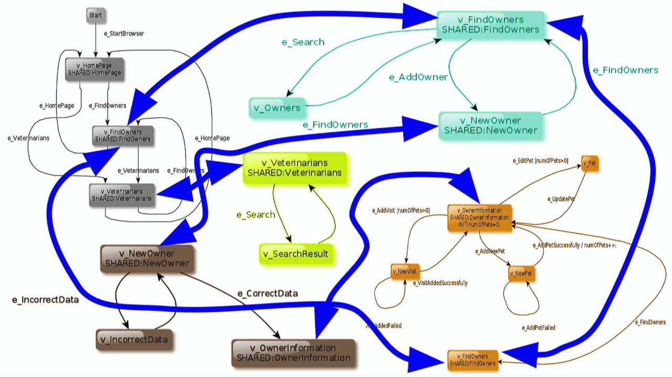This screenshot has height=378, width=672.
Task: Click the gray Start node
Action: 96,16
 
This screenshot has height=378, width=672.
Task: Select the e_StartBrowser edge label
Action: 124,34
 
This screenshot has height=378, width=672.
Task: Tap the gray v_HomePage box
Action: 94,69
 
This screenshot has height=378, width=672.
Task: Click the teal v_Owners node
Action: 277,108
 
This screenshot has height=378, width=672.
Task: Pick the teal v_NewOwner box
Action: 490,125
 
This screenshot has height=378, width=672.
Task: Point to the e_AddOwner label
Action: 418,77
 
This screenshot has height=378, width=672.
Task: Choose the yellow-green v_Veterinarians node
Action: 295,168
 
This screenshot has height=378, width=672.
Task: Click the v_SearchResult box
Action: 296,254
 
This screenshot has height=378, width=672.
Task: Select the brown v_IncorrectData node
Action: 134,340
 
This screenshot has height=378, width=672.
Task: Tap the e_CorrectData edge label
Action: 268,293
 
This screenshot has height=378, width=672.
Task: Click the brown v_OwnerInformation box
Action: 293,353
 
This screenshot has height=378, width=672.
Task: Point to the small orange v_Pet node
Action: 590,164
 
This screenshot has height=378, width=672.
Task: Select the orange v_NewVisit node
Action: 404,271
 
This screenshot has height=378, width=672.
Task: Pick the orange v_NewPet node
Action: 521,274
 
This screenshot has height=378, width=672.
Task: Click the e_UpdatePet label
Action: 561,199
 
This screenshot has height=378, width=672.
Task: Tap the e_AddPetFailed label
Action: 538,328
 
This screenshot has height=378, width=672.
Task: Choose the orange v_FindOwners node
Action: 472,360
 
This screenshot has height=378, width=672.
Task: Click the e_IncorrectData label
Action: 45,300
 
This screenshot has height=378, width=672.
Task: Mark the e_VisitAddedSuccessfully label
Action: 440,283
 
